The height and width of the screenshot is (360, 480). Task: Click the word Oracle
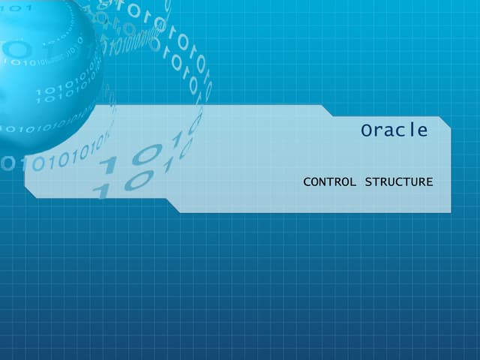tap(394, 130)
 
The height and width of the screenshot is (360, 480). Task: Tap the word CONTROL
tap(329, 182)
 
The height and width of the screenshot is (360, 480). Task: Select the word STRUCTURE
tap(398, 182)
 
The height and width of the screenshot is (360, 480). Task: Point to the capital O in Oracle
tap(366, 130)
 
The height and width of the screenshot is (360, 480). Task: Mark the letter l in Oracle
tap(412, 130)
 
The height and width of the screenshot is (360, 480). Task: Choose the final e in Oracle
tap(422, 131)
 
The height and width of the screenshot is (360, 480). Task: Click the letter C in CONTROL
tap(307, 182)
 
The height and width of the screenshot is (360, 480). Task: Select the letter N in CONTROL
tap(323, 182)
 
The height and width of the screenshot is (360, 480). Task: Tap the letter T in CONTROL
tap(331, 182)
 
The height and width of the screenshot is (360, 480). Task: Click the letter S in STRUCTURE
tap(368, 182)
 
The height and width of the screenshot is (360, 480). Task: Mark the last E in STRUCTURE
tap(430, 182)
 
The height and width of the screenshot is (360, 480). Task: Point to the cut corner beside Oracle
tap(445, 123)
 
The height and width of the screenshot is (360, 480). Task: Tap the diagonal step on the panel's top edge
tap(327, 111)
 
